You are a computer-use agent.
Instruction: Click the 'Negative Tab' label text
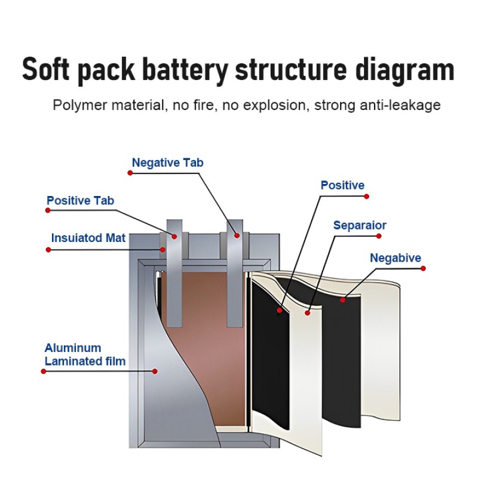click(167, 163)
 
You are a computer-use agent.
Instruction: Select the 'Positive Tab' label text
click(80, 201)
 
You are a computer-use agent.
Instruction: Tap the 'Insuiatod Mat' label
click(88, 238)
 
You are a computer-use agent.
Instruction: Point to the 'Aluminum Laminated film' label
click(85, 354)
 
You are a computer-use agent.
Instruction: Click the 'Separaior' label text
click(360, 225)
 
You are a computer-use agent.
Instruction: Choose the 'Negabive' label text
click(396, 258)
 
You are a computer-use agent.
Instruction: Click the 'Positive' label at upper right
click(342, 185)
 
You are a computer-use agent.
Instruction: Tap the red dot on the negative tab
click(237, 235)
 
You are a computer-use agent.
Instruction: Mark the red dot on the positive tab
click(174, 236)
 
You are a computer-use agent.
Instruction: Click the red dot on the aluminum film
click(155, 371)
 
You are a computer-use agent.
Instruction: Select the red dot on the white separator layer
click(308, 312)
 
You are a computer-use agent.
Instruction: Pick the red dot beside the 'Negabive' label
click(423, 268)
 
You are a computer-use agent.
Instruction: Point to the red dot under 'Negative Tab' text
click(130, 173)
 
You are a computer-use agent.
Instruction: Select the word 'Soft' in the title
click(48, 70)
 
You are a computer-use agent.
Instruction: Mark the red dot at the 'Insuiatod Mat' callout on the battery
click(162, 249)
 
